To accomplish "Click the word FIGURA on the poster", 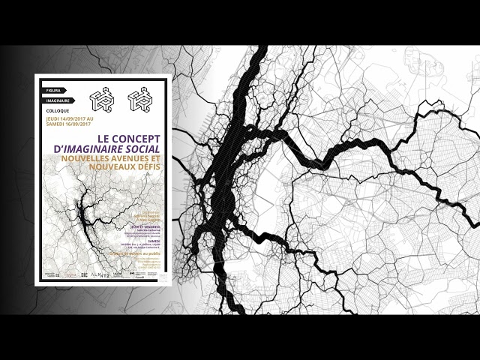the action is (x=52, y=90).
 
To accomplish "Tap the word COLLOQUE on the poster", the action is (x=58, y=110).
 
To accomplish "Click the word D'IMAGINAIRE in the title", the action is (x=90, y=150).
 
